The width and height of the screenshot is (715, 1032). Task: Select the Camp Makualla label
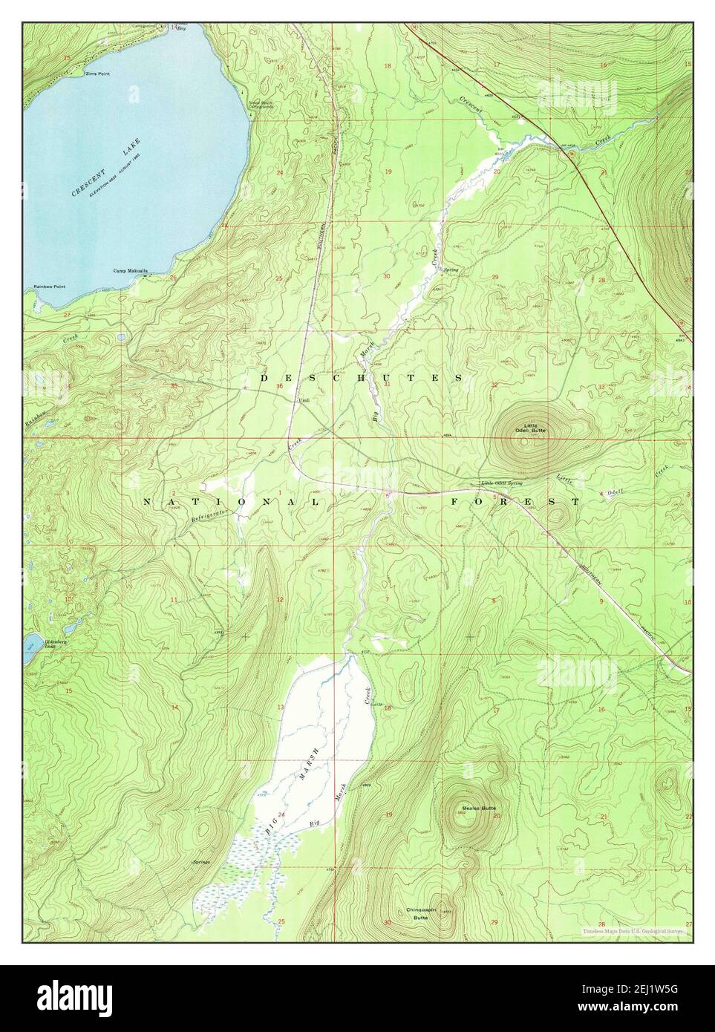(128, 271)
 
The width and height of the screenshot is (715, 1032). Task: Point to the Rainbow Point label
(50, 287)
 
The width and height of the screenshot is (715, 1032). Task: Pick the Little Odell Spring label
(507, 483)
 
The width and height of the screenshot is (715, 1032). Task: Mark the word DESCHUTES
(362, 378)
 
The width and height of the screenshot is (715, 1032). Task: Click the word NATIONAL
(230, 503)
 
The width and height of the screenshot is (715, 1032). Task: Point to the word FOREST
(515, 503)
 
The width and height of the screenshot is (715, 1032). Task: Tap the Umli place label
(304, 399)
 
